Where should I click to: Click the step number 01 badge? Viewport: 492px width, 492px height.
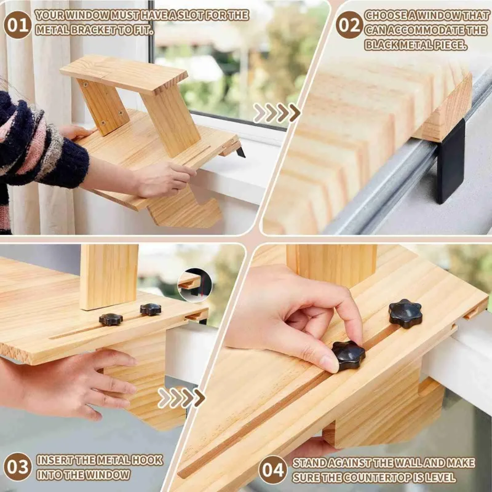pyautogui.click(x=17, y=24)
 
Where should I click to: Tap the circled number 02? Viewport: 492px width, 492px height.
pyautogui.click(x=349, y=24)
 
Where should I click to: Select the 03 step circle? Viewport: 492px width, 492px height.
pyautogui.click(x=17, y=467)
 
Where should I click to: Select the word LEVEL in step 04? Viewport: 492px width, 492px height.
pyautogui.click(x=440, y=477)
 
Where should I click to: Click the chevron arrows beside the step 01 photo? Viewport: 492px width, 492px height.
pyautogui.click(x=277, y=113)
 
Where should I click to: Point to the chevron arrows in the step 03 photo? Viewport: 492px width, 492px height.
pyautogui.click(x=181, y=398)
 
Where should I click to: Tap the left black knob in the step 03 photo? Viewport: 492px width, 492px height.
pyautogui.click(x=111, y=319)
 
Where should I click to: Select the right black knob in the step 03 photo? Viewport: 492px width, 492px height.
pyautogui.click(x=150, y=309)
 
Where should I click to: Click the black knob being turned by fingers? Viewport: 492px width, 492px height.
pyautogui.click(x=348, y=355)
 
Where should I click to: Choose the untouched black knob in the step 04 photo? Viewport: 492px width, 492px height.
pyautogui.click(x=405, y=313)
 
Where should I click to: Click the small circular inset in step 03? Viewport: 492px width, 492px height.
pyautogui.click(x=194, y=284)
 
